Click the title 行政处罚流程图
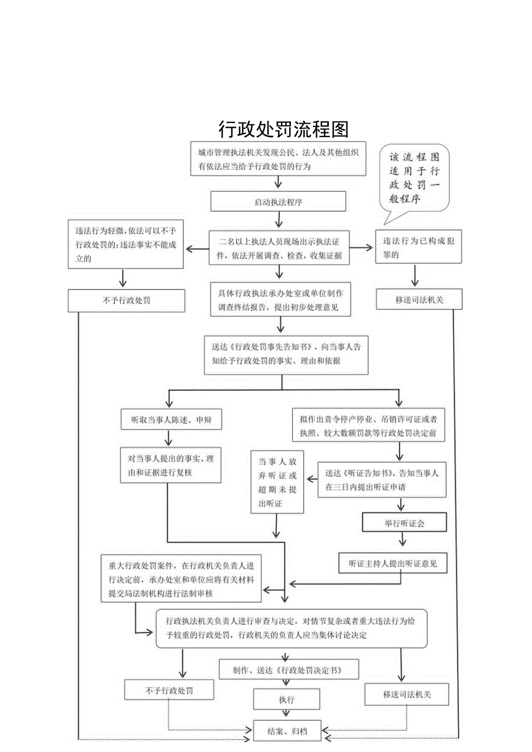point(283,129)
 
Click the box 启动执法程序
point(278,202)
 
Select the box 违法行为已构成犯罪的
point(418,247)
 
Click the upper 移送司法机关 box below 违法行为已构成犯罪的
point(419,299)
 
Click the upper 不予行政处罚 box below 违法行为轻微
point(126,301)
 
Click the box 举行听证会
point(404,523)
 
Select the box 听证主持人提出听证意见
point(393,562)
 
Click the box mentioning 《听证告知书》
point(382,480)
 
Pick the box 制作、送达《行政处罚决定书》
point(287,670)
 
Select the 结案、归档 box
point(287,731)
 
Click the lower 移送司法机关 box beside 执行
point(407,694)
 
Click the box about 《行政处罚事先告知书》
point(285,354)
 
